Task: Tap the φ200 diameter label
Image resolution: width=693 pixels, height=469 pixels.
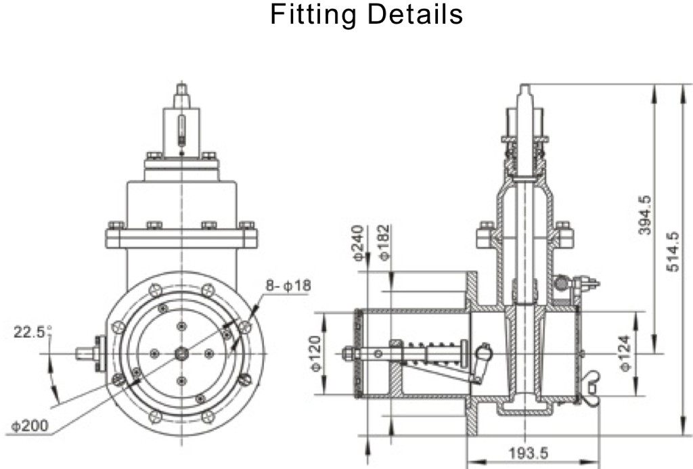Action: pos(29,427)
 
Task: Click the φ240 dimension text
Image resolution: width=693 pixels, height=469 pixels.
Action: pos(358,244)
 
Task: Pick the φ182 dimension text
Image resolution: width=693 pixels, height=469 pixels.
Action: pos(384,244)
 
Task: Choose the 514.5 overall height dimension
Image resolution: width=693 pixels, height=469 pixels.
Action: pos(673,252)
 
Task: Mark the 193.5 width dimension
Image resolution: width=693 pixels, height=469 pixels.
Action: pos(529,453)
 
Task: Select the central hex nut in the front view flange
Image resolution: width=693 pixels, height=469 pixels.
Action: pos(181,352)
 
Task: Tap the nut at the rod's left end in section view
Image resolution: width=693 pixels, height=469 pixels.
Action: pos(348,353)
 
